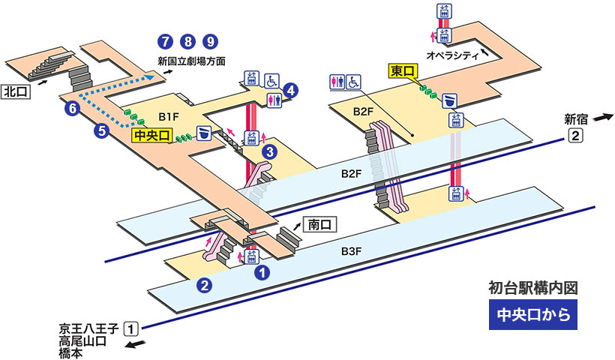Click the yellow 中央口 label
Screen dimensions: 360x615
pyautogui.click(x=152, y=135)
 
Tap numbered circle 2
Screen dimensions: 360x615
pyautogui.click(x=203, y=284)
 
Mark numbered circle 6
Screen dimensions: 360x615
pyautogui.click(x=72, y=108)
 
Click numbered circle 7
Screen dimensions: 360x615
pyautogui.click(x=163, y=40)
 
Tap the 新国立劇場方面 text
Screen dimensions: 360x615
pyautogui.click(x=191, y=61)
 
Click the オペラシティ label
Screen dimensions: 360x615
pyautogui.click(x=453, y=55)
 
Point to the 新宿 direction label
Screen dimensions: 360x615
pyautogui.click(x=577, y=118)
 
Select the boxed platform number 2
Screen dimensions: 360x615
pyautogui.click(x=575, y=136)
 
